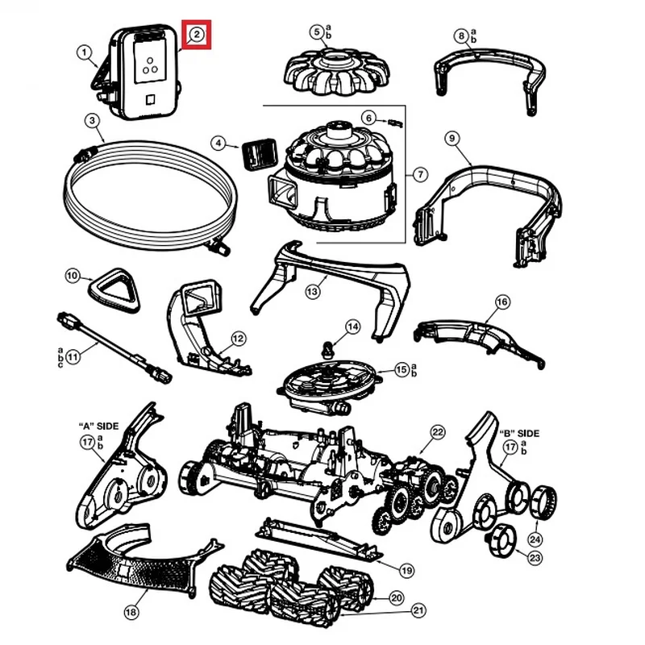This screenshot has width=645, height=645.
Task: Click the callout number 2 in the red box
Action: [x=197, y=35]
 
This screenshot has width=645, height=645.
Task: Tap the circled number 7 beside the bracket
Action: [x=421, y=174]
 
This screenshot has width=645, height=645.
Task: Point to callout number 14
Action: [x=352, y=327]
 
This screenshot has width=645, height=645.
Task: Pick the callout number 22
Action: [x=437, y=432]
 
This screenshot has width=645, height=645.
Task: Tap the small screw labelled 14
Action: [x=327, y=350]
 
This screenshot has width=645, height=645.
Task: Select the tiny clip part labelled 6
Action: [x=393, y=121]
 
